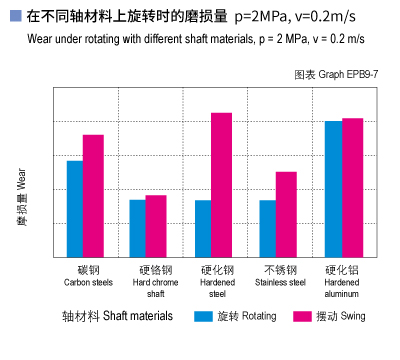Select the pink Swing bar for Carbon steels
[x=93, y=196]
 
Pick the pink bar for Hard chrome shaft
[x=156, y=226]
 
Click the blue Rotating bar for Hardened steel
[x=203, y=228]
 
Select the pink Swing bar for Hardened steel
[x=221, y=185]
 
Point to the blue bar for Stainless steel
[x=267, y=228]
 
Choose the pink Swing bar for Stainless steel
[x=286, y=214]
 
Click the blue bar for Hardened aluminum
[x=333, y=189]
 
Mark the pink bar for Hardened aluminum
[x=352, y=188]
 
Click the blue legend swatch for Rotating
[x=204, y=316]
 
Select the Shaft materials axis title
[x=117, y=316]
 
